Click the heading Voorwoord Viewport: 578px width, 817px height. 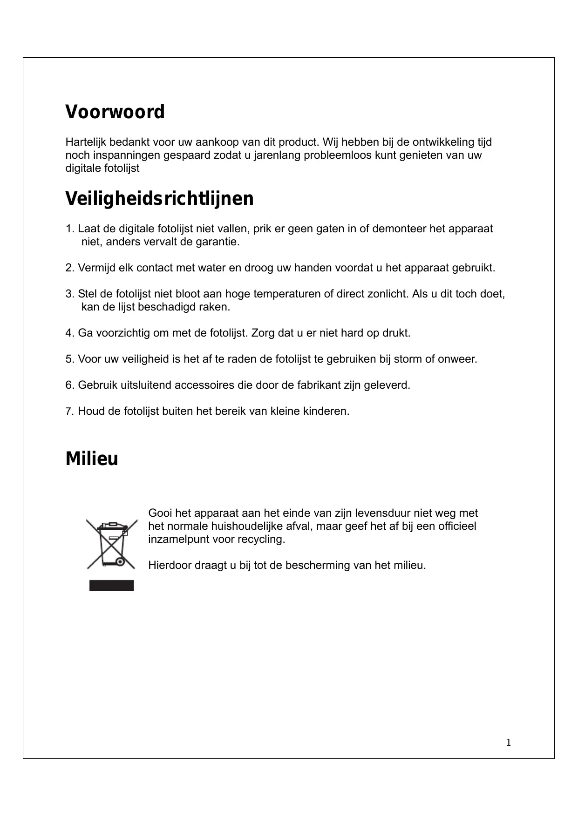(x=115, y=112)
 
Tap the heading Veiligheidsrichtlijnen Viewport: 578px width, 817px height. (x=159, y=199)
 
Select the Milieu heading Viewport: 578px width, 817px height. (x=92, y=459)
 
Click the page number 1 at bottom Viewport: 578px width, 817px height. (x=509, y=743)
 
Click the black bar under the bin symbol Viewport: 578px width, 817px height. (x=111, y=585)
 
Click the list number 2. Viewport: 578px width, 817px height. (x=69, y=268)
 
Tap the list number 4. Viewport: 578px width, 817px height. (x=69, y=333)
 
